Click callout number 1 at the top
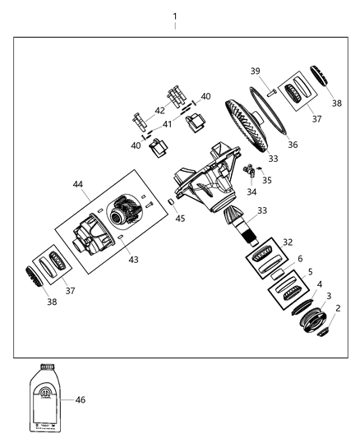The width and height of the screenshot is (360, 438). (174, 16)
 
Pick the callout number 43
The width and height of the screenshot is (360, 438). (133, 259)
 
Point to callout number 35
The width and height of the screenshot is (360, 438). (266, 178)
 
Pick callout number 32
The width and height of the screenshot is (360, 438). (288, 242)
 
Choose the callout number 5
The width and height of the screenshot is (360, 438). (310, 271)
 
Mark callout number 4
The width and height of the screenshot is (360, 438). (319, 284)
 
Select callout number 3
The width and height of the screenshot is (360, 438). (329, 296)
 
